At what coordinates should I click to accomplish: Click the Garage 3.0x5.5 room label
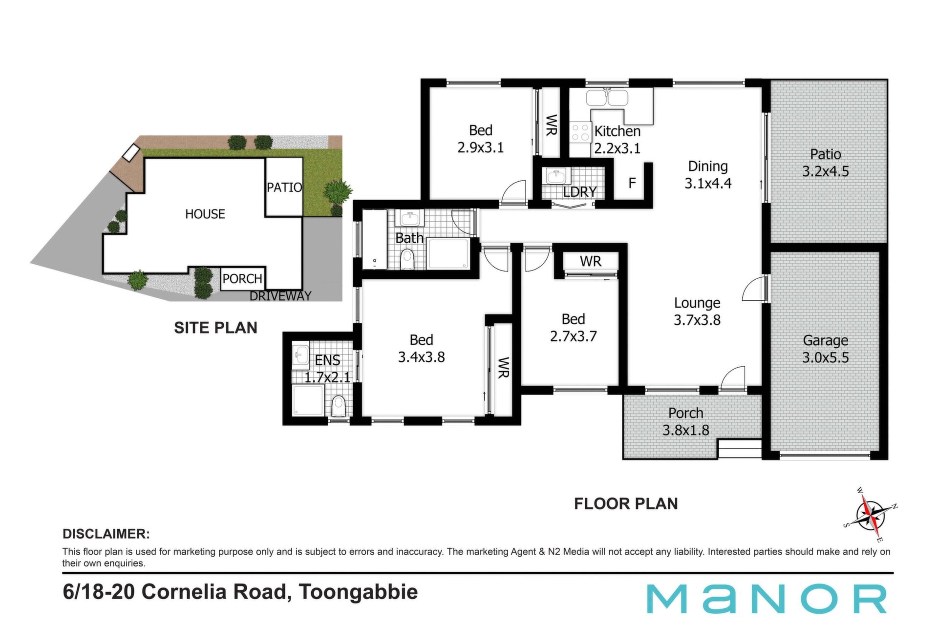click(x=826, y=349)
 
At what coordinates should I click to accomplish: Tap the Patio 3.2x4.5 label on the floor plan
click(x=826, y=163)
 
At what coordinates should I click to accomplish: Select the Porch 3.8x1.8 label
click(x=686, y=421)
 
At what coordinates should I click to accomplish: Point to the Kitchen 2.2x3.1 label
click(x=617, y=139)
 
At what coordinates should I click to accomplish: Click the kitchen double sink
click(x=607, y=98)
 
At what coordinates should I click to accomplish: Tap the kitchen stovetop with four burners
click(x=580, y=132)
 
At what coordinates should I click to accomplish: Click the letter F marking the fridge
click(x=632, y=183)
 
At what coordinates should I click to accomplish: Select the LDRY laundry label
click(x=579, y=192)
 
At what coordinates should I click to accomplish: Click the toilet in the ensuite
click(x=338, y=406)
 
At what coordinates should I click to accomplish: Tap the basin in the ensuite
click(x=300, y=354)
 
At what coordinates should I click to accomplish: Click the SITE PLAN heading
click(x=215, y=328)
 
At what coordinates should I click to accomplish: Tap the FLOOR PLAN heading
click(x=626, y=503)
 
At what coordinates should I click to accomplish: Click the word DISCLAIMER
click(x=106, y=534)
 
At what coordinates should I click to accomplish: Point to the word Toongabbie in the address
click(x=358, y=592)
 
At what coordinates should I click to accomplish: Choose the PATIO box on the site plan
click(x=284, y=187)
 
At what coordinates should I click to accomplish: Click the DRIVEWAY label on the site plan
click(x=280, y=296)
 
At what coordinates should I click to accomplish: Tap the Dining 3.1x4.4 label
click(x=708, y=174)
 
